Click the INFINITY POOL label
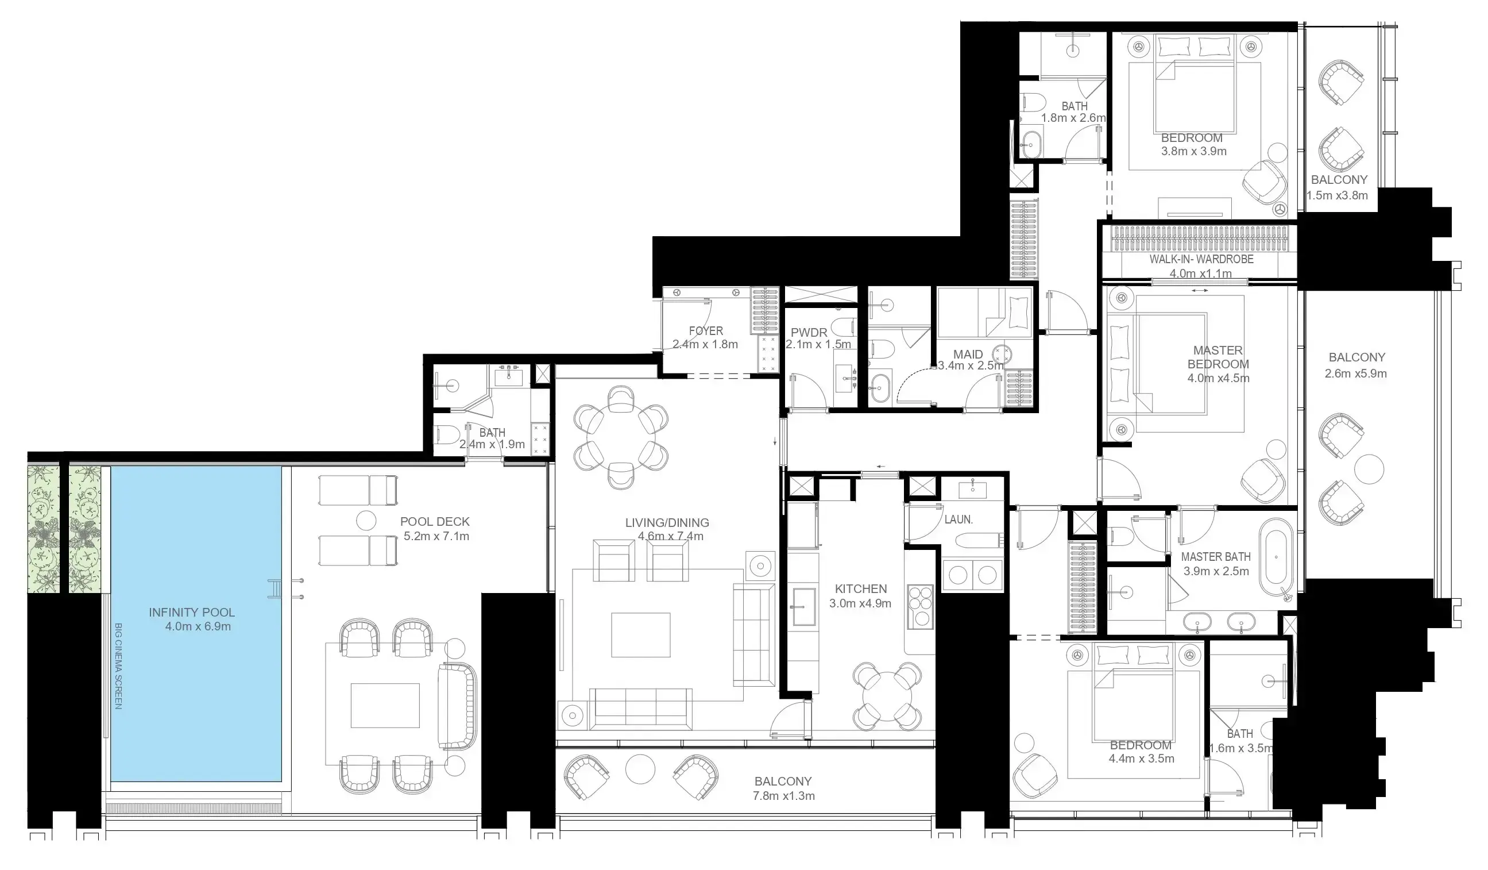[191, 613]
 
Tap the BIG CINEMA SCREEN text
[118, 665]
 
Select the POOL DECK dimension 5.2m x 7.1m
[436, 536]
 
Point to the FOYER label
[706, 331]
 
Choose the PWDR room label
[809, 333]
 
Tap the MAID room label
[968, 354]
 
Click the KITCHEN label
[860, 589]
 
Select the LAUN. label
[958, 519]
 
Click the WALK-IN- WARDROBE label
[1201, 259]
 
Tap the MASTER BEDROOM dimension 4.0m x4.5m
[1218, 378]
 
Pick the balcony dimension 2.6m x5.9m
[1356, 374]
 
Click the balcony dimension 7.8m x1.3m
[783, 796]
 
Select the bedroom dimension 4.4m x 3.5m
[1141, 759]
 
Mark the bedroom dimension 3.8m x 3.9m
[1193, 151]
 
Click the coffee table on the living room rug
[641, 635]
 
